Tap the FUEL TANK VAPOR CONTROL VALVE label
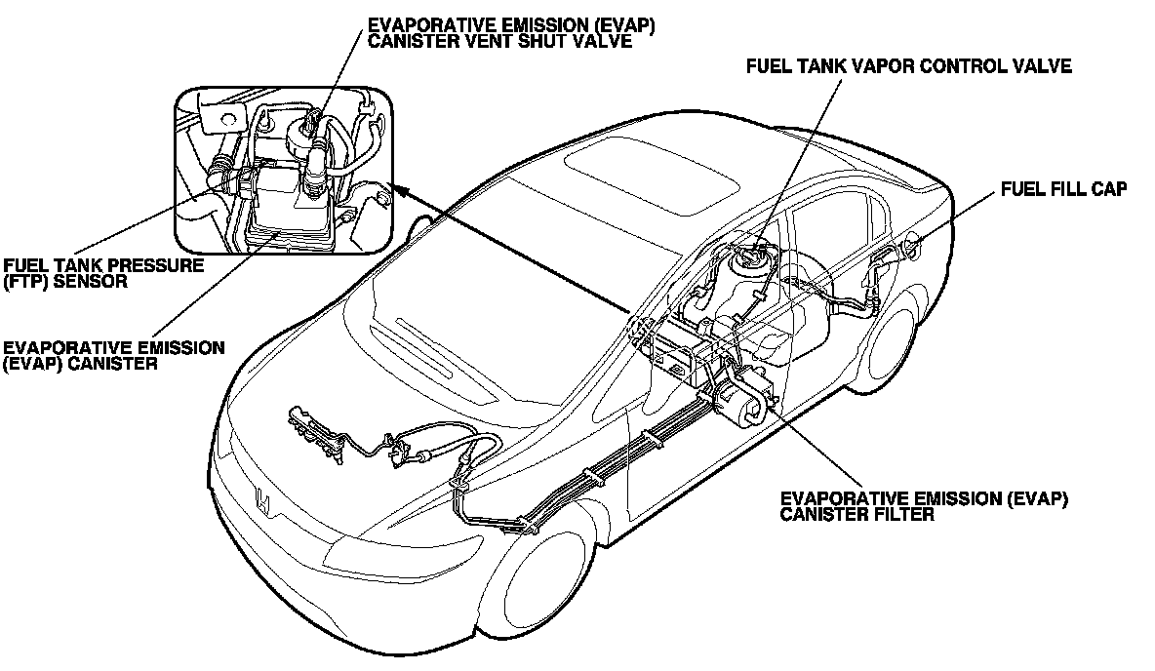[908, 67]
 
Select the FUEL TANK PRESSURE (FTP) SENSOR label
[102, 273]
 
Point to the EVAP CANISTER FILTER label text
[925, 506]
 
